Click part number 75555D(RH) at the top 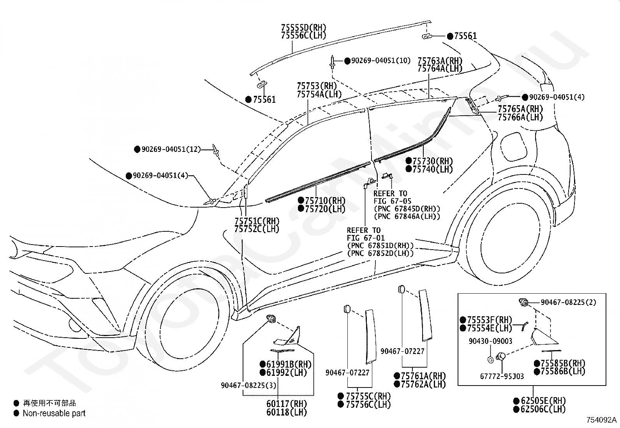tap(304, 28)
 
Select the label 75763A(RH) tap(440, 61)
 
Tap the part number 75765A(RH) tap(520, 109)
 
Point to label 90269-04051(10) tap(381, 61)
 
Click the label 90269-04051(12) tap(171, 149)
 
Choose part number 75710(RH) tap(325, 201)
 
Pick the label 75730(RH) tap(433, 161)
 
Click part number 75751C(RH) tap(257, 221)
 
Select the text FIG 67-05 tap(393, 201)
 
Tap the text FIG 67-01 tap(366, 238)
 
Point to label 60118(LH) tap(287, 412)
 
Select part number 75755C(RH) tap(368, 396)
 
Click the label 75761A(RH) tap(423, 376)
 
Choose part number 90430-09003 tap(490, 341)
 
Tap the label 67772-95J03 tap(502, 376)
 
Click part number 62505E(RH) tap(543, 401)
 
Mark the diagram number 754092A tap(602, 420)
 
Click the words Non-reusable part tap(54, 413)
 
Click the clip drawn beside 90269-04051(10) tap(332, 62)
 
